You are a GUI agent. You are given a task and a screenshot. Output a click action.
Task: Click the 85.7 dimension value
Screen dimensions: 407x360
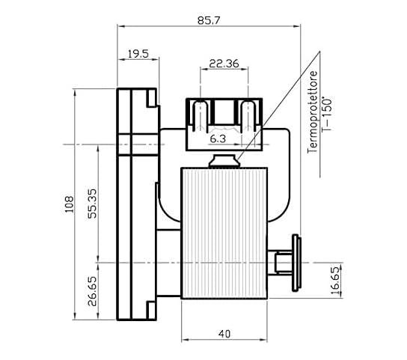[x=209, y=20]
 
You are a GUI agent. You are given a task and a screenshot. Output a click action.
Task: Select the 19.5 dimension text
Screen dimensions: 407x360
[x=138, y=54]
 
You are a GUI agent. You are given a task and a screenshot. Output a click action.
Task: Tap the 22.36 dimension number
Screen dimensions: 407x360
[x=224, y=64]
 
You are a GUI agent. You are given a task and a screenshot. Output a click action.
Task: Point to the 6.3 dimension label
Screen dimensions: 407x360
[x=218, y=139]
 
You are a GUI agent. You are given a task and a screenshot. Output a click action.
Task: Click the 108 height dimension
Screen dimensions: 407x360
[x=69, y=204]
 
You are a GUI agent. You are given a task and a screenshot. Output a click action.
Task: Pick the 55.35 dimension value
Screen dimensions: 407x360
[x=92, y=204]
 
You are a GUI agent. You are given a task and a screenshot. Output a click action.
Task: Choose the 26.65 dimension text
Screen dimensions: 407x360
[x=92, y=291]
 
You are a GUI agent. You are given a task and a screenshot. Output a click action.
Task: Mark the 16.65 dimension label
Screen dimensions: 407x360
[x=335, y=281]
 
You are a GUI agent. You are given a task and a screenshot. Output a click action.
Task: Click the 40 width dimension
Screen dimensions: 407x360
[x=224, y=334]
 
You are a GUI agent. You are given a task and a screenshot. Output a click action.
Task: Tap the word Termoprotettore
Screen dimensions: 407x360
[x=312, y=112]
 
